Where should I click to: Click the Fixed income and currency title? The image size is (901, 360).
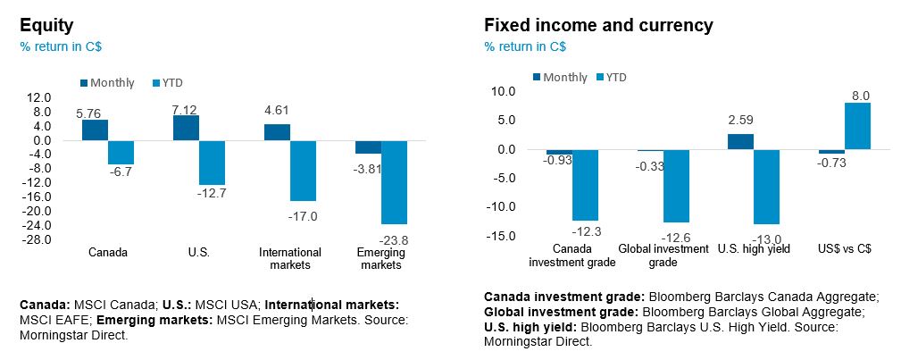pos(598,25)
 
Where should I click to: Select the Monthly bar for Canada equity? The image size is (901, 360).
pos(95,130)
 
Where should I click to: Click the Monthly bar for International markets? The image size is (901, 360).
pos(277,132)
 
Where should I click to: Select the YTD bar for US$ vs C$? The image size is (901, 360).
pos(857,126)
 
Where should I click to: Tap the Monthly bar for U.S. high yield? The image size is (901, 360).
pos(740,141)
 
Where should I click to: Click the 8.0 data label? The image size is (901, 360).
pos(861,96)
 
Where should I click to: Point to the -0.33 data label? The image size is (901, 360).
pos(649,166)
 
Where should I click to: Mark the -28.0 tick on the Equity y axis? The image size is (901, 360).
pos(39,239)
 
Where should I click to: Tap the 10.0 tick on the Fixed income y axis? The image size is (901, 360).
pos(505,91)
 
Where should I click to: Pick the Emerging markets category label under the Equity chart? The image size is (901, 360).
pos(380,258)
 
